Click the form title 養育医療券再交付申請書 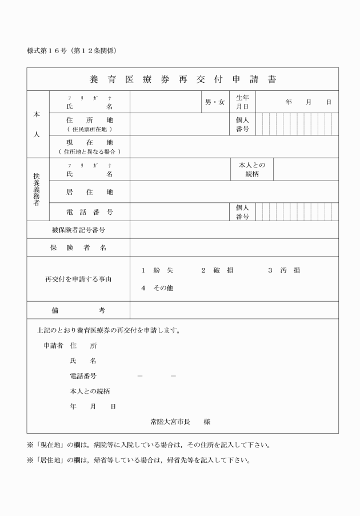(182, 79)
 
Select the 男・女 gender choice (215, 102)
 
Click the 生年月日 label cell (242, 102)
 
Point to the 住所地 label (90, 120)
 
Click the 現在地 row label (90, 142)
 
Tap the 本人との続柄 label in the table (252, 169)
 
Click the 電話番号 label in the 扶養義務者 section (90, 212)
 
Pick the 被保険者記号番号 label (78, 230)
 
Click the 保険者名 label (78, 247)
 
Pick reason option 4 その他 (157, 288)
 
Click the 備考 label (78, 310)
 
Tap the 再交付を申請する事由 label (78, 279)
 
